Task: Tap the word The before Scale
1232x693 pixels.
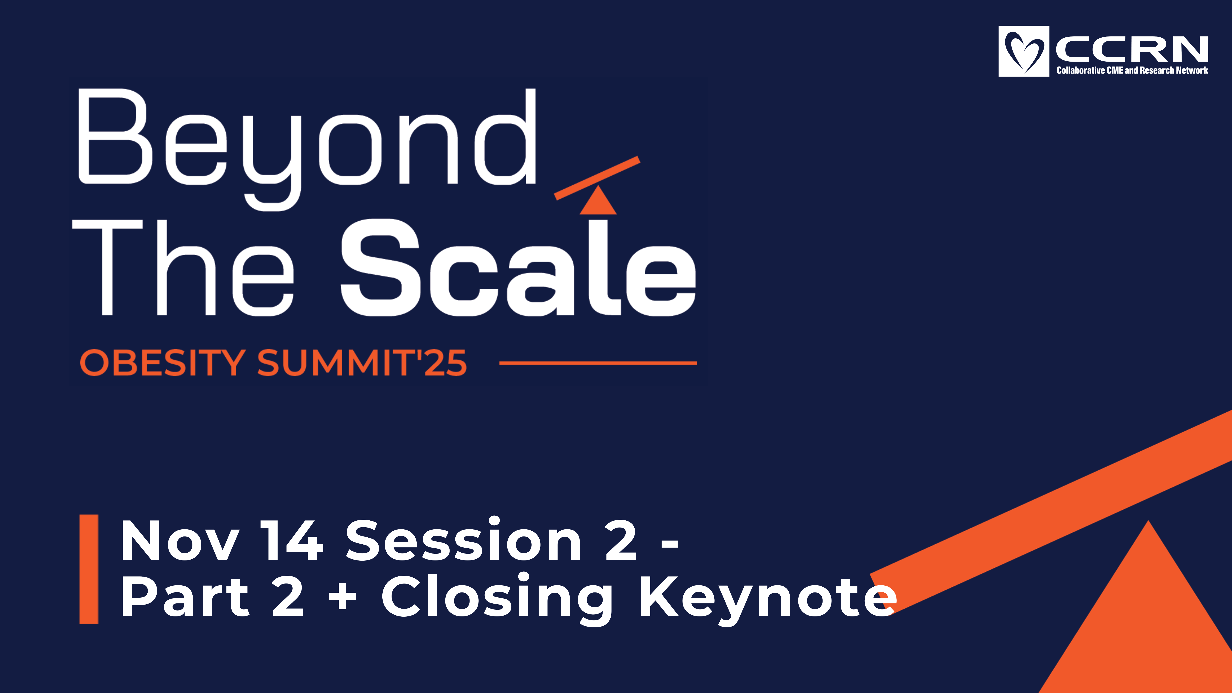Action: [183, 268]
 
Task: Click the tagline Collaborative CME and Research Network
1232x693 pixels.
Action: [1132, 70]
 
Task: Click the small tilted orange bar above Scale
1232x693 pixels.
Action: [597, 178]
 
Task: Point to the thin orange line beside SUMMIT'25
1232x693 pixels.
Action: [598, 363]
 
